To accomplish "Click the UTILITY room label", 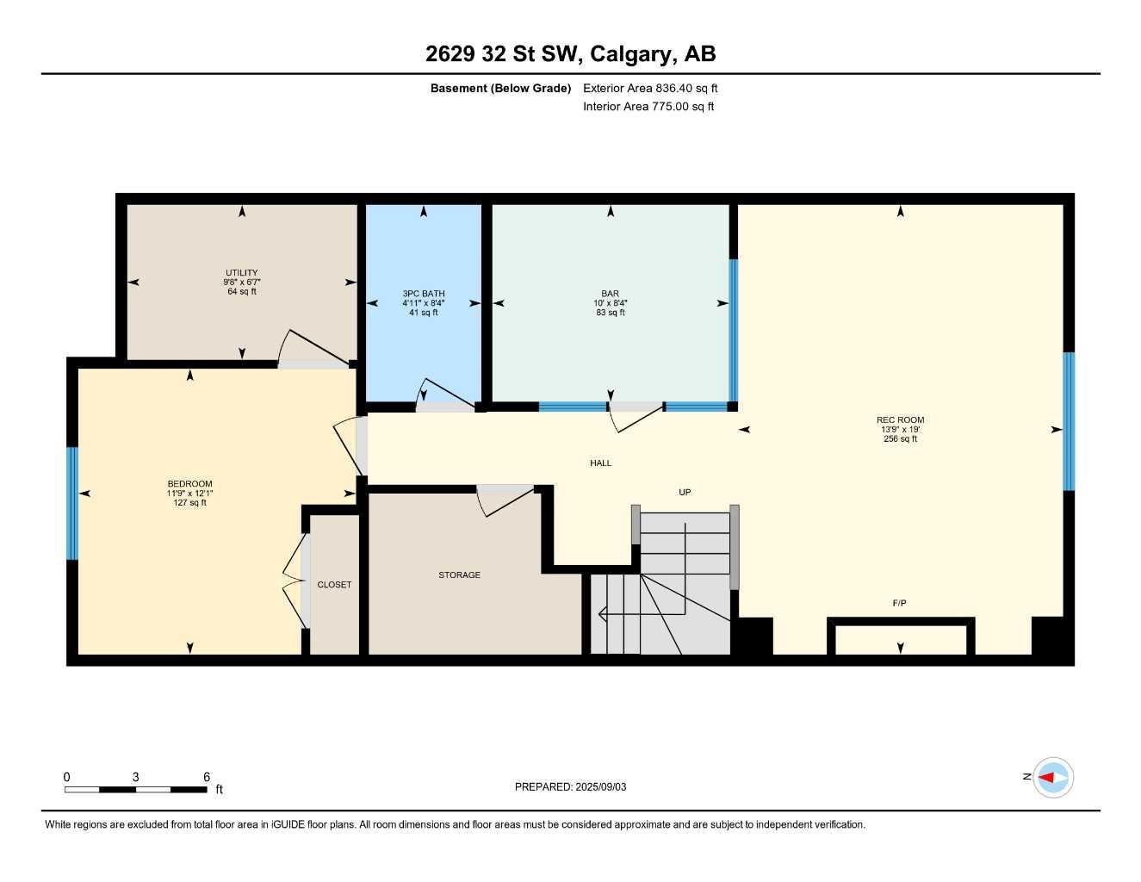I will (242, 273).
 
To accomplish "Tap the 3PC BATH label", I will (424, 294).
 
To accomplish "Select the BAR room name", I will (611, 294).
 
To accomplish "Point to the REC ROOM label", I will (900, 420).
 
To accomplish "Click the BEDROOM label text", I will (189, 484).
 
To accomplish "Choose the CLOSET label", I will (334, 585).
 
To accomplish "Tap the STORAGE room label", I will (459, 575).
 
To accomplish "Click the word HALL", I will (600, 463).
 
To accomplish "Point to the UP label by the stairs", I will (685, 493).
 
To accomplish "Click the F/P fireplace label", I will (899, 603).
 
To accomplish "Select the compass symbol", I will (1052, 778).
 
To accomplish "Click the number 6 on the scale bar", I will (207, 777).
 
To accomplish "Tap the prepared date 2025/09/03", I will (600, 786).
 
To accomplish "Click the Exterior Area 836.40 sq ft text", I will (650, 88).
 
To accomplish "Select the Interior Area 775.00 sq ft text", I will (648, 107).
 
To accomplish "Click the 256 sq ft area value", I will (900, 439).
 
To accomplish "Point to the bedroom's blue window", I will (72, 503).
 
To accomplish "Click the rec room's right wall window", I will (1069, 421).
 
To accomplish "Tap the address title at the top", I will (570, 54).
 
